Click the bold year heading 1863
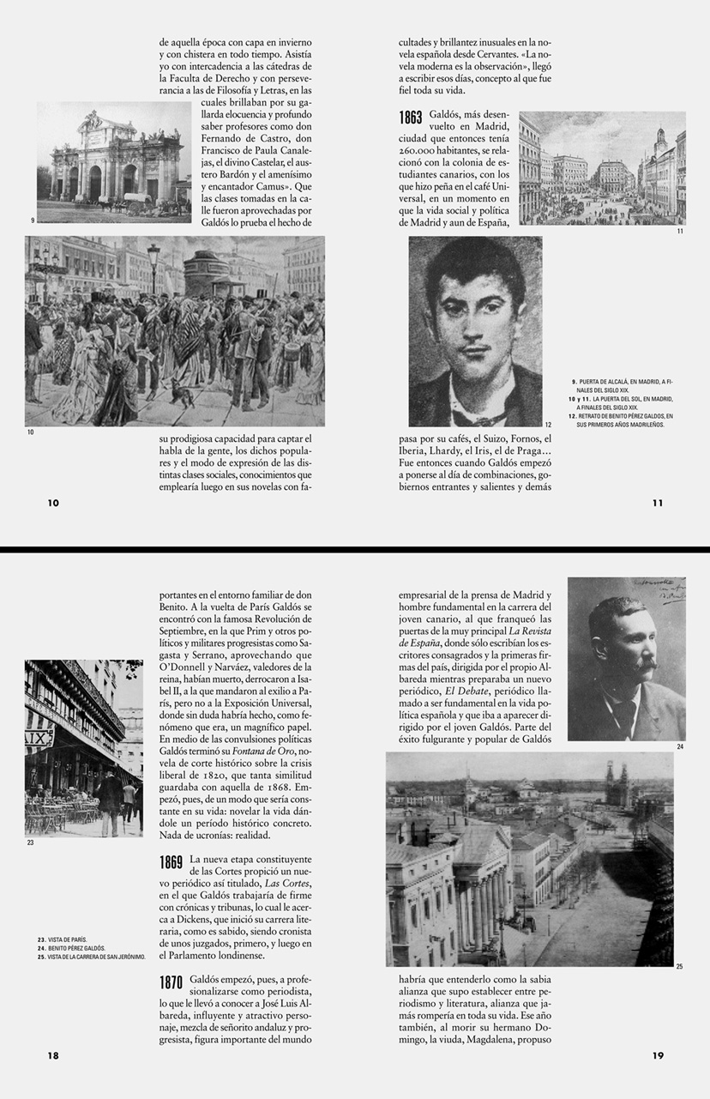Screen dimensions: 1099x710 (411, 118)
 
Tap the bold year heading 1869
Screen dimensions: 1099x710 (171, 862)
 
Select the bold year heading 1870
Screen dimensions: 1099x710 (171, 983)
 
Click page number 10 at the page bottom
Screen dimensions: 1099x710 (53, 503)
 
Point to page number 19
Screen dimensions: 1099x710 (658, 1056)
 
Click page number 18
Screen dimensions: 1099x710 (53, 1056)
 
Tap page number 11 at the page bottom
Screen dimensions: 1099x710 (658, 503)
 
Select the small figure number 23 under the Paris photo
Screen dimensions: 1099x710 (30, 842)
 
